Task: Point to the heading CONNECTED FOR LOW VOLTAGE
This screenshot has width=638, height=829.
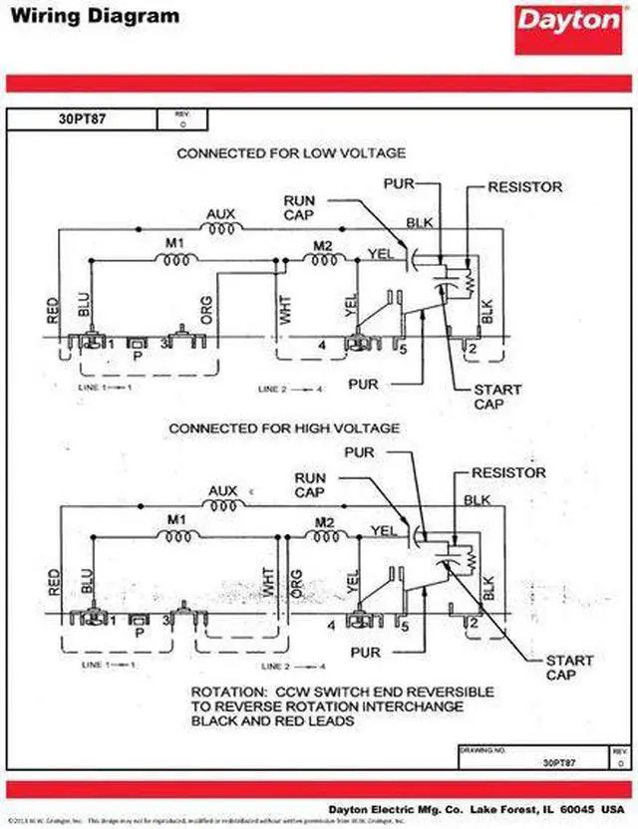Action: pos(291,153)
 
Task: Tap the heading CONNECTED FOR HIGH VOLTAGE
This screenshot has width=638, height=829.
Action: pos(284,428)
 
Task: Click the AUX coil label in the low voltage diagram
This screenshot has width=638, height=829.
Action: pos(220,212)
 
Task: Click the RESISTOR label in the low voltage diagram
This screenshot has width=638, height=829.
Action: pos(525,186)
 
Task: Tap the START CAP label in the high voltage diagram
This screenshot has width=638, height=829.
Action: pos(569,668)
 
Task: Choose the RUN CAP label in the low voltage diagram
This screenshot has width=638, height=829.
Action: pos(299,207)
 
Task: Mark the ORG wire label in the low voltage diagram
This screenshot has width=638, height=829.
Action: pos(206,310)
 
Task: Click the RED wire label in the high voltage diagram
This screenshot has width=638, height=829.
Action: pos(53,584)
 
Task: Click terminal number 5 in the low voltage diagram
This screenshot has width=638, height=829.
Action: pos(404,350)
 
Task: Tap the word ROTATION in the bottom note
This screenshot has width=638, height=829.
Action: pos(228,691)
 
